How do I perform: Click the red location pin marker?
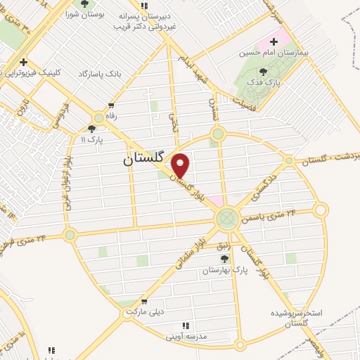pyautogui.click(x=181, y=165)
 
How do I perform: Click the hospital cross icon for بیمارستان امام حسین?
pyautogui.click(x=274, y=41)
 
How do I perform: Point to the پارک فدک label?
pyautogui.click(x=264, y=82)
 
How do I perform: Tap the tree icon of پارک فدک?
pyautogui.click(x=264, y=72)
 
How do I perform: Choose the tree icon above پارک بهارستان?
pyautogui.click(x=224, y=259)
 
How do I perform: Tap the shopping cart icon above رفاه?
pyautogui.click(x=110, y=106)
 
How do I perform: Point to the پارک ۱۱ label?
pyautogui.click(x=91, y=139)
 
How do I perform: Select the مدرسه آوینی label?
pyautogui.click(x=186, y=336)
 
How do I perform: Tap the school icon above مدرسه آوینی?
pyautogui.click(x=186, y=326)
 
